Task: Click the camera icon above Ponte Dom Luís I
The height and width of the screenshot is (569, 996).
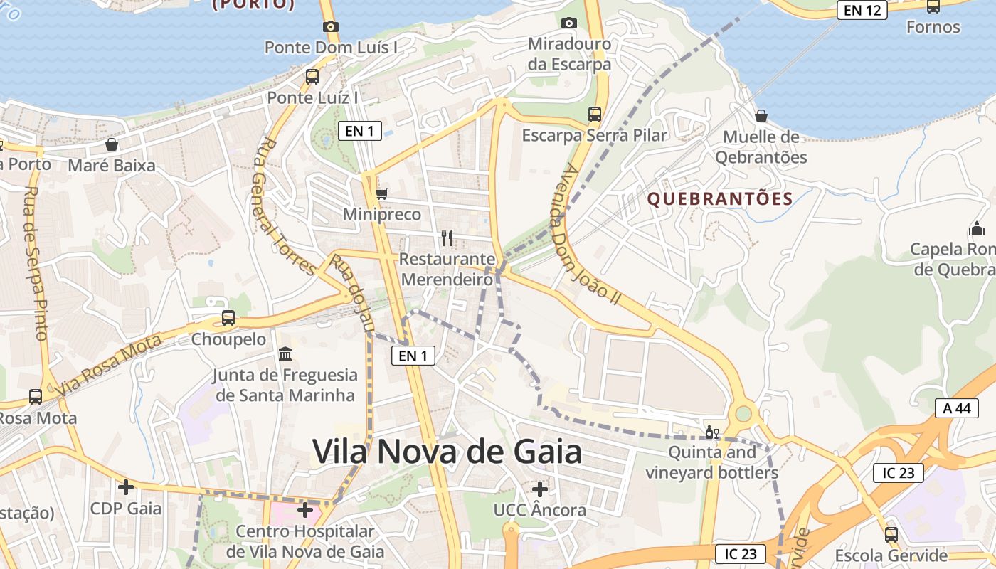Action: click(330, 26)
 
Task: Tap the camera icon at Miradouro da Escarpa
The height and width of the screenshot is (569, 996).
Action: click(568, 23)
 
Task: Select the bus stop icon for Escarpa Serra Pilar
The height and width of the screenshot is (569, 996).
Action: click(594, 114)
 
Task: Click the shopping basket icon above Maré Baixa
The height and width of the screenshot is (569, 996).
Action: click(112, 144)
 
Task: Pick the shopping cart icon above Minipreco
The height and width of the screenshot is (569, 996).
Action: click(381, 193)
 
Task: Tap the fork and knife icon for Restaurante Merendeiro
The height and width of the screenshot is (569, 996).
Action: click(447, 238)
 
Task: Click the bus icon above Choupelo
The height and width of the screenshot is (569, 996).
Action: click(228, 318)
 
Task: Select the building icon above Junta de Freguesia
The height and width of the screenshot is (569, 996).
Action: click(285, 353)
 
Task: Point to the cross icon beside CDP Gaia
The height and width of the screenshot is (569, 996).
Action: click(126, 487)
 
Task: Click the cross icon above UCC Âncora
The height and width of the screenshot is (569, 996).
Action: click(540, 489)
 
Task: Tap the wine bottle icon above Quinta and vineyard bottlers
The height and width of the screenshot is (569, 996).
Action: click(711, 432)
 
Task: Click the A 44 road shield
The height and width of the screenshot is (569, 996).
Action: click(956, 408)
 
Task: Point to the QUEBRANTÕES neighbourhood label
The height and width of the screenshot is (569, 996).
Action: click(720, 199)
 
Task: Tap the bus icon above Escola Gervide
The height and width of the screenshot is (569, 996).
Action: click(891, 535)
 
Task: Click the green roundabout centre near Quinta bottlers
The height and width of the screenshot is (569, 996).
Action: click(743, 413)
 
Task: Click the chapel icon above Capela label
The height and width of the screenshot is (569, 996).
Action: click(976, 229)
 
